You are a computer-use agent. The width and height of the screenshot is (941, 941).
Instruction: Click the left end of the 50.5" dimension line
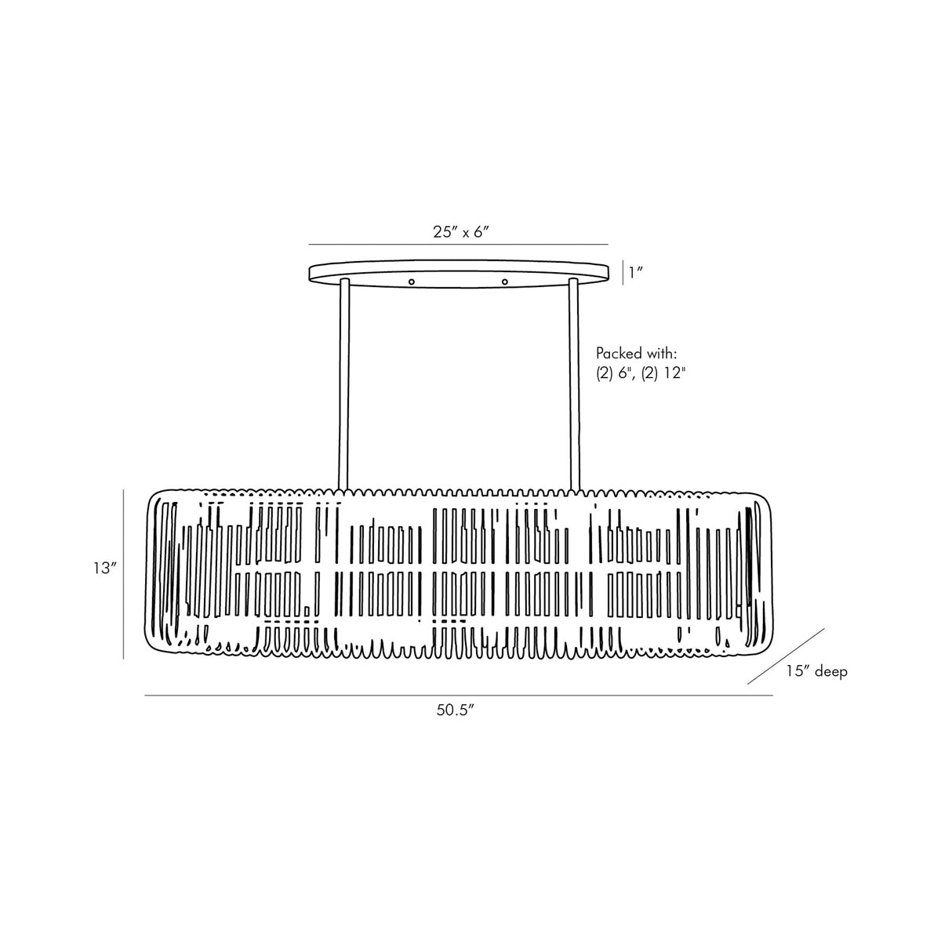click(x=145, y=695)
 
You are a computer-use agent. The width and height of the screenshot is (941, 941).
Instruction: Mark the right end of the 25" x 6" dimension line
click(x=608, y=244)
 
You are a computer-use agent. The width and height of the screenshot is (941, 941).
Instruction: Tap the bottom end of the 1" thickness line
click(x=623, y=284)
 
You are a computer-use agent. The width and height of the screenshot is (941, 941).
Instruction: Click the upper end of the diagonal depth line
click(x=824, y=628)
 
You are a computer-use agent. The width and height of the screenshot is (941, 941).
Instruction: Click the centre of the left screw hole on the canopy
click(x=412, y=282)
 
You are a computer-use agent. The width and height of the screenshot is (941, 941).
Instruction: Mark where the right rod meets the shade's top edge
click(x=575, y=489)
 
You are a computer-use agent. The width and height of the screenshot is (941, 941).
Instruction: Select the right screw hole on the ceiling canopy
click(x=505, y=282)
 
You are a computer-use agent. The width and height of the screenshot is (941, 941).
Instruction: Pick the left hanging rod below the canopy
click(x=343, y=383)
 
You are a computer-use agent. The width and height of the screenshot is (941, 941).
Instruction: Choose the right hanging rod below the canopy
click(x=574, y=383)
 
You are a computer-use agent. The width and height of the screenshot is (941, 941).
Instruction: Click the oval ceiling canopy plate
click(x=459, y=274)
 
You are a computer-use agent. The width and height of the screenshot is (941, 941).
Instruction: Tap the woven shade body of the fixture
click(x=460, y=573)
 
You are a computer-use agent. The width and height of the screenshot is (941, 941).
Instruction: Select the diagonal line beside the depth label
click(x=787, y=656)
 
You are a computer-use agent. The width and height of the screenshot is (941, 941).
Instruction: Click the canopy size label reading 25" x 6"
click(x=461, y=232)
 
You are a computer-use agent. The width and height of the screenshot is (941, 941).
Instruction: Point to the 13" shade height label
click(x=106, y=569)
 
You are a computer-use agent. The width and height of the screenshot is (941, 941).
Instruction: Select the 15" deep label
click(x=817, y=671)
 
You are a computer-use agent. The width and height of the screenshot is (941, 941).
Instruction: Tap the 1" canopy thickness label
click(x=635, y=273)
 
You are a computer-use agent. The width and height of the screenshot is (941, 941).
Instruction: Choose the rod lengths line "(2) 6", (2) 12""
click(x=641, y=375)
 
